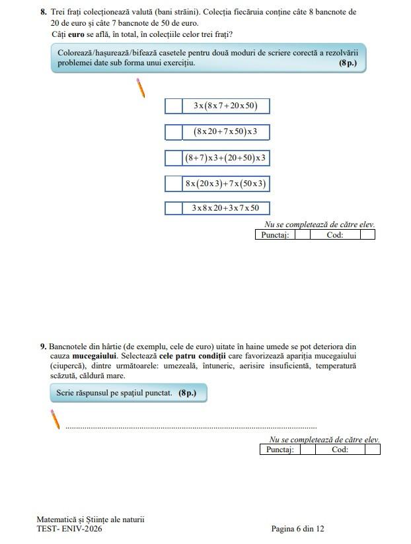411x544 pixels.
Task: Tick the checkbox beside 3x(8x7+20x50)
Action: point(173,106)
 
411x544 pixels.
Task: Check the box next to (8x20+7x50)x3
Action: point(173,132)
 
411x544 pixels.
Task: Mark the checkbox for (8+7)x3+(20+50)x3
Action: point(173,158)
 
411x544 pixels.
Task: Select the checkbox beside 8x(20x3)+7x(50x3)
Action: point(173,184)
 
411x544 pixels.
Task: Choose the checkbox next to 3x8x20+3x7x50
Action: point(173,209)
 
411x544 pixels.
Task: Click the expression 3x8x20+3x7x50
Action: point(225,209)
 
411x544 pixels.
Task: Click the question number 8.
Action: point(44,12)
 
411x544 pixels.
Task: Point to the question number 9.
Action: point(43,346)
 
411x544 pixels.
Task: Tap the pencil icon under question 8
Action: point(141,88)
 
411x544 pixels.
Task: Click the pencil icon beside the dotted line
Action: point(56,419)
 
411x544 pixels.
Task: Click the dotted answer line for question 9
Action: point(191,428)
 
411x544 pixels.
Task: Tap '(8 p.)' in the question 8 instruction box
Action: point(347,63)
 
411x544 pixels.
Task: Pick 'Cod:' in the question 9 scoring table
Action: point(340,450)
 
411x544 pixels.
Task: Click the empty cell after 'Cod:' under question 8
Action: point(367,234)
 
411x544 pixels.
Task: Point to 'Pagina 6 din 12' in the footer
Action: point(297,529)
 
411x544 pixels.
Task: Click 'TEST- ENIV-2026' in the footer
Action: point(69,529)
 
